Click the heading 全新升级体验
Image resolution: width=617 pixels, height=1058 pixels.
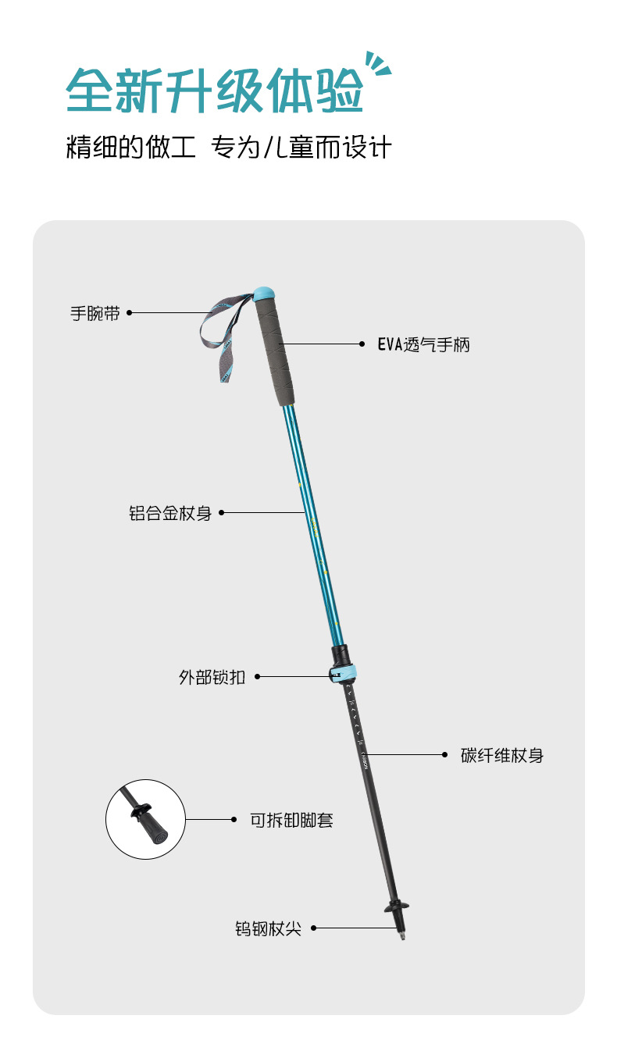pyautogui.click(x=215, y=91)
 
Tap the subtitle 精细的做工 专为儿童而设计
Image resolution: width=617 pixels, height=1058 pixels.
pyautogui.click(x=228, y=147)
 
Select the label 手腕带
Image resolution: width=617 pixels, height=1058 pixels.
pyautogui.click(x=95, y=313)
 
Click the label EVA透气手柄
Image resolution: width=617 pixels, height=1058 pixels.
pyautogui.click(x=424, y=344)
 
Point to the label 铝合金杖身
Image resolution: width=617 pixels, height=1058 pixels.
pyautogui.click(x=170, y=513)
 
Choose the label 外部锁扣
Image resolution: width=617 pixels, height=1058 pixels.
pyautogui.click(x=212, y=677)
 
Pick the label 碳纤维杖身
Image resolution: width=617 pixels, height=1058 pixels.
pyautogui.click(x=502, y=755)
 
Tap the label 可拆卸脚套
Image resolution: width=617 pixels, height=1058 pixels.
pyautogui.click(x=291, y=820)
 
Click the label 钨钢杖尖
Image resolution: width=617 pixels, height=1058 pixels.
pyautogui.click(x=268, y=928)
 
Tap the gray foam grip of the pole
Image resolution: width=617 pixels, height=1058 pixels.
pyautogui.click(x=273, y=351)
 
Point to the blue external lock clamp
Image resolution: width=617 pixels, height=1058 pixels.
pyautogui.click(x=344, y=672)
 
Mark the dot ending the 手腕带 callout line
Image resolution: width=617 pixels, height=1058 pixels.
pyautogui.click(x=130, y=313)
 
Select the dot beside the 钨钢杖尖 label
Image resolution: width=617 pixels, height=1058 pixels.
pyautogui.click(x=313, y=928)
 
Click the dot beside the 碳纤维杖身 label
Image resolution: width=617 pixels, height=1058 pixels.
pyautogui.click(x=444, y=755)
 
